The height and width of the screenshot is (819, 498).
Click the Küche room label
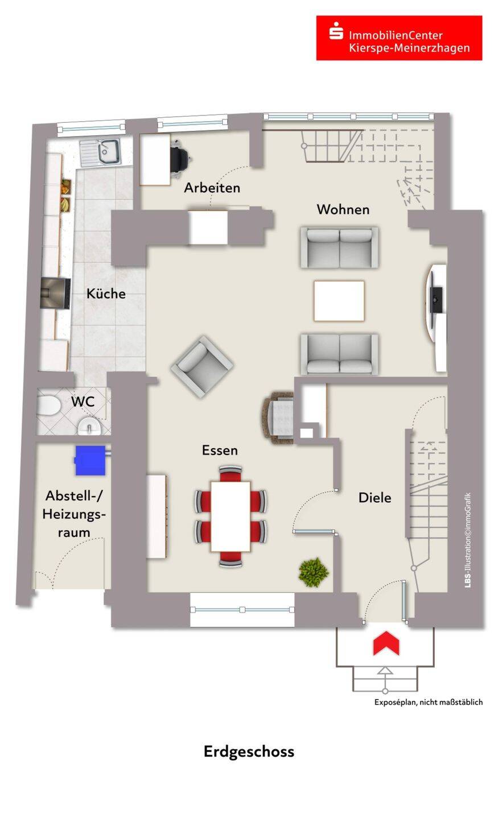tap(106, 293)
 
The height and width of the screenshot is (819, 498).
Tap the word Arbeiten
tap(212, 188)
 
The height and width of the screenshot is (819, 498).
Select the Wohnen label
tap(343, 209)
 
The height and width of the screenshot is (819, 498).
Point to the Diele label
tap(374, 498)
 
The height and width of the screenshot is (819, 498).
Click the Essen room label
tap(220, 450)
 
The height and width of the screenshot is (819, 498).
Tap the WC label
tap(83, 402)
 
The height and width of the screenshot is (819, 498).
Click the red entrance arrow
tap(386, 643)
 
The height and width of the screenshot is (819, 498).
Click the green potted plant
tap(314, 572)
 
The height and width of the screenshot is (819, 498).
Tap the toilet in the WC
tap(50, 406)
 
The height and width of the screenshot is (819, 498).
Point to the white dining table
tap(230, 515)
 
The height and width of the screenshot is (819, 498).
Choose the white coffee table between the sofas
tap(339, 301)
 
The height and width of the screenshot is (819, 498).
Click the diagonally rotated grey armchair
tap(201, 366)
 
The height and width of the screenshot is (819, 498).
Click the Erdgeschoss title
tap(249, 751)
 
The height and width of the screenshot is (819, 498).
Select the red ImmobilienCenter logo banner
tap(399, 38)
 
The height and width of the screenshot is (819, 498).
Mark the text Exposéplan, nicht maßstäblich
tap(428, 702)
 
